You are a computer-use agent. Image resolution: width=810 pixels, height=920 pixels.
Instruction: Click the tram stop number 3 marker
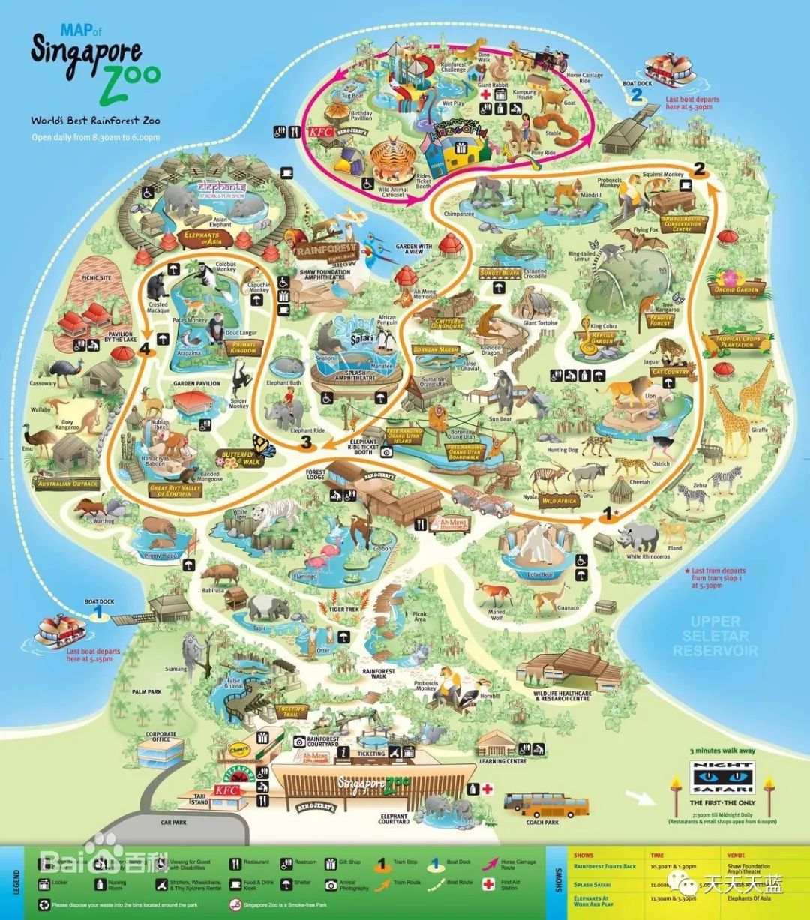coord(306,442)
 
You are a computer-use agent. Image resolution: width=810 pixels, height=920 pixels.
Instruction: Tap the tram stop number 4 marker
coord(142,349)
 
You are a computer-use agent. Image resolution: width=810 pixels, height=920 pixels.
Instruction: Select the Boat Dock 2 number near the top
coord(637,94)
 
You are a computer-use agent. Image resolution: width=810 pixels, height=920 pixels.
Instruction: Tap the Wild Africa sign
coord(559,500)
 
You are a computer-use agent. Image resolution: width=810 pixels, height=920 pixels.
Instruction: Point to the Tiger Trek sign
coord(344,610)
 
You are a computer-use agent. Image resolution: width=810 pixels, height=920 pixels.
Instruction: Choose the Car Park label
coord(173,822)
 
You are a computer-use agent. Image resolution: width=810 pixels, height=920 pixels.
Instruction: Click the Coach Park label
coord(541,823)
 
